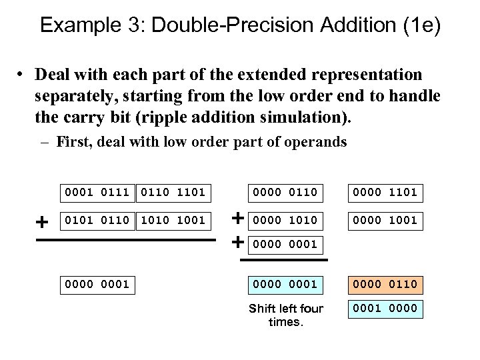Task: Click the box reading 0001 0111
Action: pyautogui.click(x=96, y=193)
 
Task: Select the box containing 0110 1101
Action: pyautogui.click(x=173, y=193)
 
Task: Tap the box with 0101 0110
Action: pyautogui.click(x=96, y=219)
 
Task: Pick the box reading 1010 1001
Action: pyautogui.click(x=173, y=219)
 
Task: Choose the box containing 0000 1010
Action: pyautogui.click(x=285, y=219)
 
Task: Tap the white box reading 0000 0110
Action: pyautogui.click(x=285, y=193)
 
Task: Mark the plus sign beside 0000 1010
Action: pyautogui.click(x=237, y=217)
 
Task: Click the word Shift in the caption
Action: pyautogui.click(x=262, y=309)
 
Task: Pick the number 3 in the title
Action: pyautogui.click(x=127, y=26)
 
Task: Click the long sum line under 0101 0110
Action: pyautogui.click(x=126, y=240)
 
